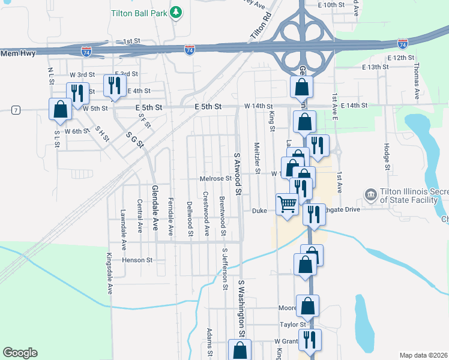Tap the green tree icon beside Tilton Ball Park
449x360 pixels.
[x=176, y=12]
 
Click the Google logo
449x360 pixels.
[x=20, y=353]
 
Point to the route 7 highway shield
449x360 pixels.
[x=15, y=110]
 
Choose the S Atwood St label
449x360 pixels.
[x=237, y=174]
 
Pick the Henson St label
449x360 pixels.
[x=138, y=260]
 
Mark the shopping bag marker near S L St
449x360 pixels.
[x=59, y=109]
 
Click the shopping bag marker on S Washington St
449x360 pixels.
[x=240, y=350]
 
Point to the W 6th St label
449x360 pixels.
[x=77, y=131]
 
